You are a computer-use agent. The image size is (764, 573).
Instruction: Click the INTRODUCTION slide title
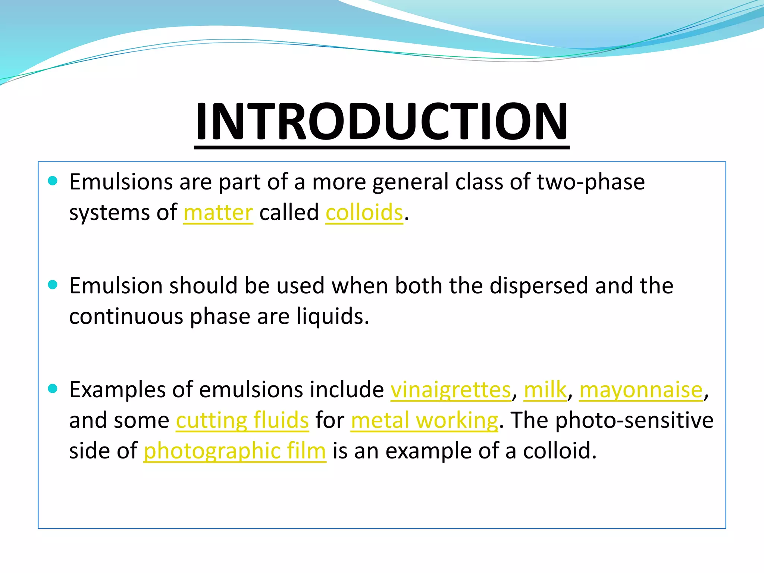[382, 122]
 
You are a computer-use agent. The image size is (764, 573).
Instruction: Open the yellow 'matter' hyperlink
[218, 213]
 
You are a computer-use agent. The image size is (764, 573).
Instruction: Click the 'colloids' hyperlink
[364, 213]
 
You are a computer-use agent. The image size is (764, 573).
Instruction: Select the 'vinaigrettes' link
[451, 390]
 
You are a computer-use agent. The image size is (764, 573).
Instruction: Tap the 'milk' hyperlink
[545, 390]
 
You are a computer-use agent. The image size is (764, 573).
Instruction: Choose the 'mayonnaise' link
[641, 390]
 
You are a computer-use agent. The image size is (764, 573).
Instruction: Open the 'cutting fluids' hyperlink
[242, 420]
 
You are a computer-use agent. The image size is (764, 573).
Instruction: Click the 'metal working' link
[424, 420]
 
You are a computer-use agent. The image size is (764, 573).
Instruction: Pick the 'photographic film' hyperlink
[235, 451]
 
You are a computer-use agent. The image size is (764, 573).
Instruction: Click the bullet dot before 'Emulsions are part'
[53, 181]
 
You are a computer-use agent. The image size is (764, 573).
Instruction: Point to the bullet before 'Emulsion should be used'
[53, 285]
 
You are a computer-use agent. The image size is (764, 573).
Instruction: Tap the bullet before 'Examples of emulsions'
[53, 389]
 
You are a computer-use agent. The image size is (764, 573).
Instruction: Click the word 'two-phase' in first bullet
[591, 182]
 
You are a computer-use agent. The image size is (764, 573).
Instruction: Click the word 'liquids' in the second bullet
[330, 316]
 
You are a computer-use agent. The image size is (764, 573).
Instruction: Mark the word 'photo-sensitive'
[634, 420]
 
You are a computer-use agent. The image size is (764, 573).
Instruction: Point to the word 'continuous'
[126, 316]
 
